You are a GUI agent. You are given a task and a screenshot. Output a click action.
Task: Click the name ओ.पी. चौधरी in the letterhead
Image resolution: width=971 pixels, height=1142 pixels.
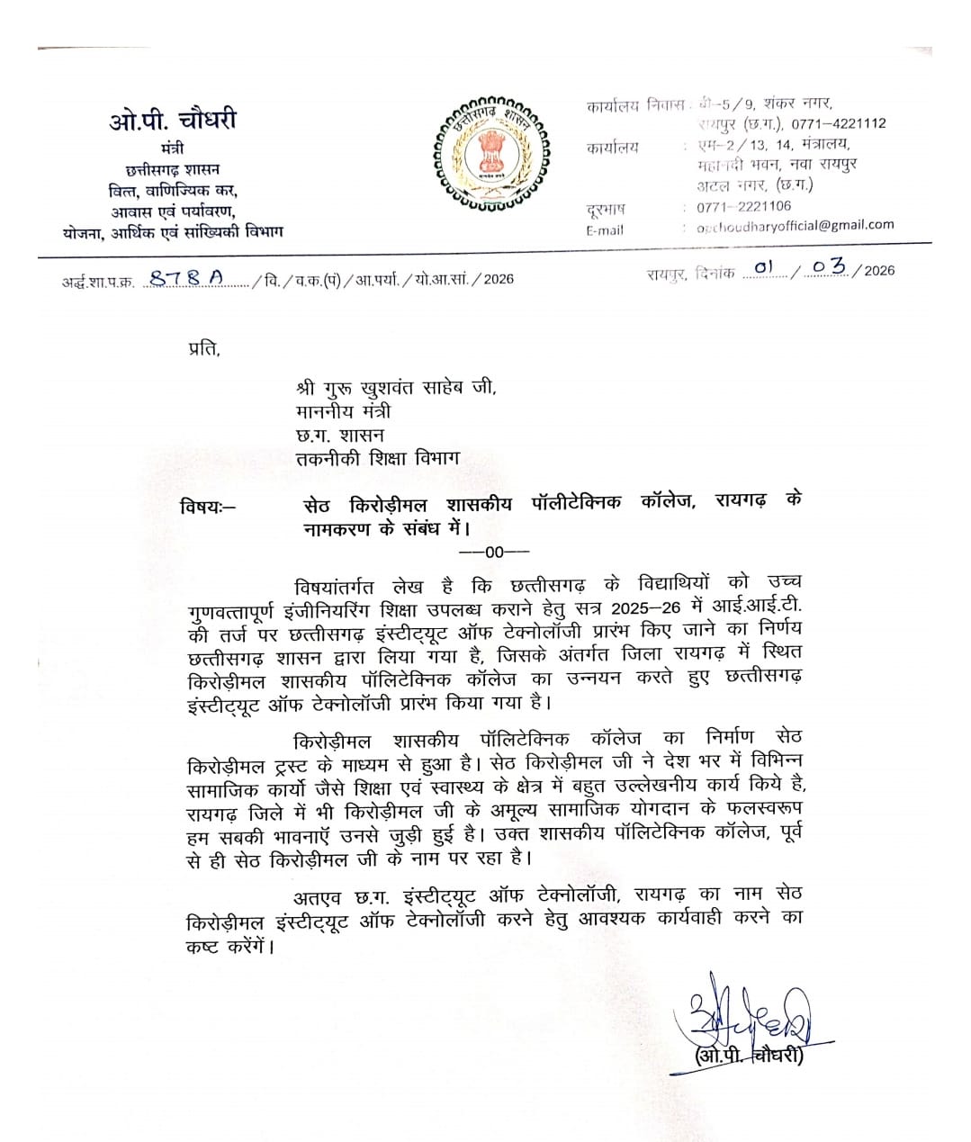(x=173, y=120)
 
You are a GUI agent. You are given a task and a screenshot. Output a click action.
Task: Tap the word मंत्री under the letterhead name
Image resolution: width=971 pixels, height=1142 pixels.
(x=173, y=148)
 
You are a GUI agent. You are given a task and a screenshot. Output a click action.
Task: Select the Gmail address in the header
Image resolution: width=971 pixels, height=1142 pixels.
(x=796, y=226)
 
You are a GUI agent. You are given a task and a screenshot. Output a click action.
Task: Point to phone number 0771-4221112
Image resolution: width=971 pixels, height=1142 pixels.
(x=839, y=123)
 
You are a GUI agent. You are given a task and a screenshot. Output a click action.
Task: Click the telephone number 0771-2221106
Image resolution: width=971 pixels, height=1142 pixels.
(x=743, y=207)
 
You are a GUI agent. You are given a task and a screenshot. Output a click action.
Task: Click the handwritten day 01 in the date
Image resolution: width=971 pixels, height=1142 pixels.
(x=764, y=267)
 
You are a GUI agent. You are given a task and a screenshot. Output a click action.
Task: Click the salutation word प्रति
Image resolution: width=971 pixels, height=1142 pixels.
(x=203, y=347)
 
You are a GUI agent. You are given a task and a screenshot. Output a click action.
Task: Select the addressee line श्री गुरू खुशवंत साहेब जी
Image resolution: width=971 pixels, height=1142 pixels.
(x=396, y=389)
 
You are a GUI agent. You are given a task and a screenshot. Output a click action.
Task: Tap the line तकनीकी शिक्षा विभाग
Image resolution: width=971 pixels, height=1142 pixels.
(x=378, y=458)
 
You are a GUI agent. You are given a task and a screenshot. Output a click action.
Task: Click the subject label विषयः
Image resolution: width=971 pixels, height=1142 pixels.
(x=206, y=506)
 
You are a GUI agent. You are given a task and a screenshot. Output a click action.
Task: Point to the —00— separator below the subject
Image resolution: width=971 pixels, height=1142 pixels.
(x=494, y=552)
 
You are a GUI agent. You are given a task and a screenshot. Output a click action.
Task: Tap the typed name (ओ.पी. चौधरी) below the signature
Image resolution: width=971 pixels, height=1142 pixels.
(x=747, y=1056)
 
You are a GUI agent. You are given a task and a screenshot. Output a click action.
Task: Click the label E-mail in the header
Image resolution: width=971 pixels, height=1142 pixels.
(x=604, y=229)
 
